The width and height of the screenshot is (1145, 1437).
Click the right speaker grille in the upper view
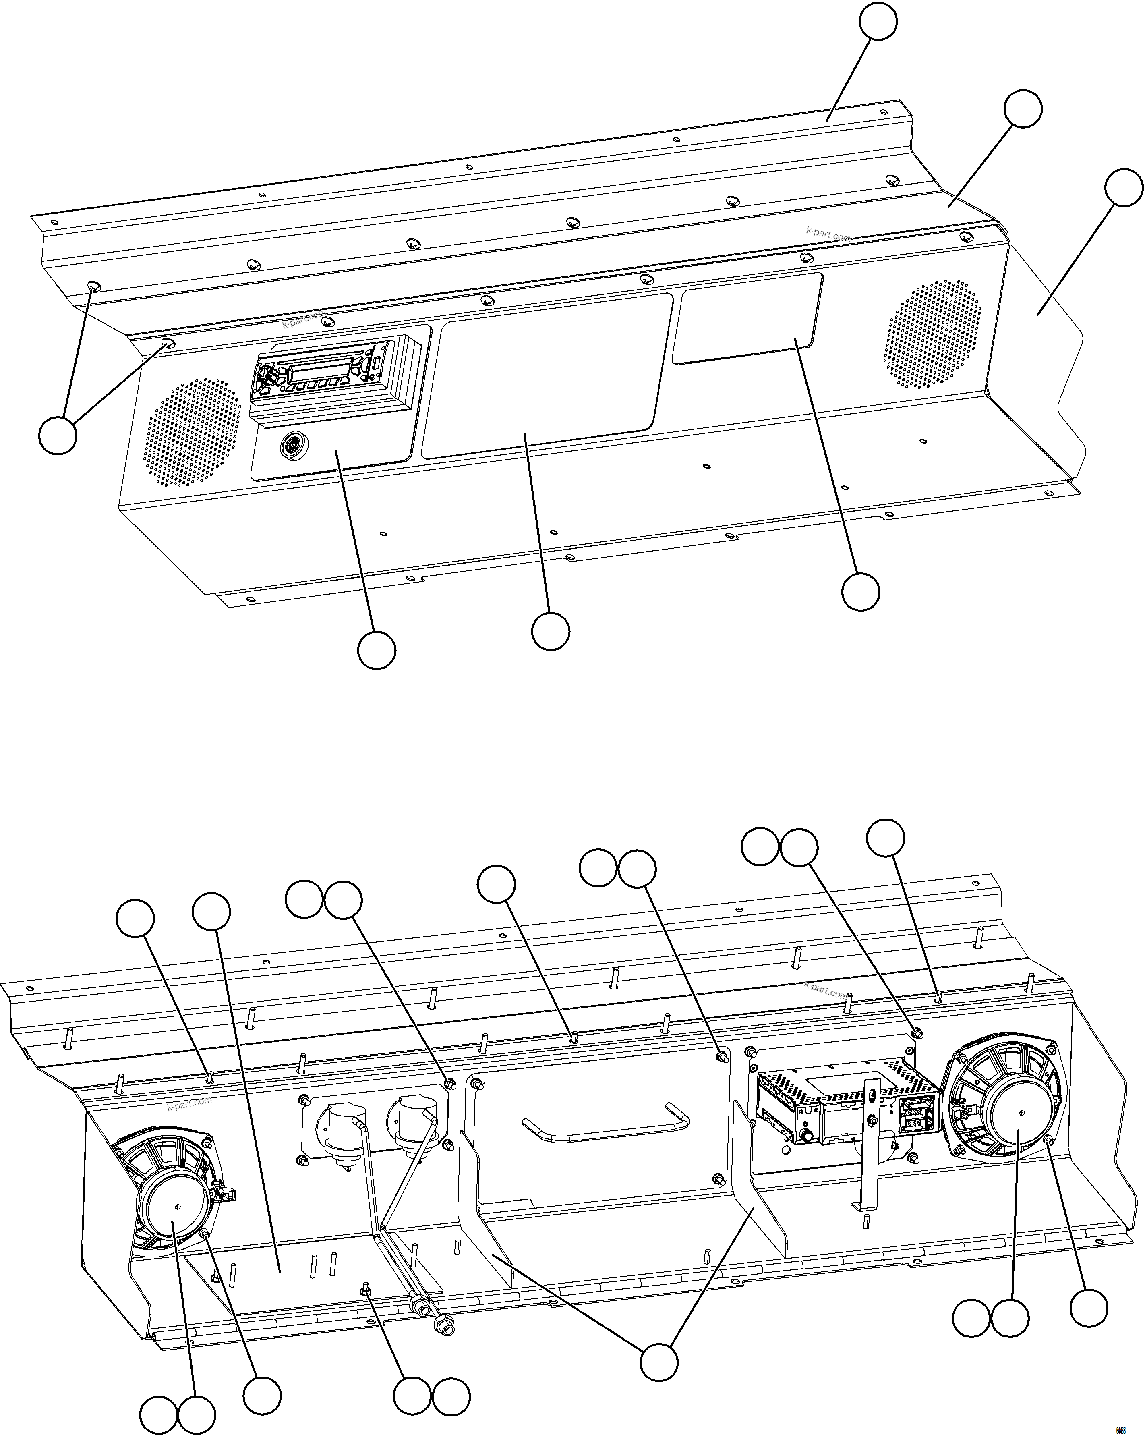933,333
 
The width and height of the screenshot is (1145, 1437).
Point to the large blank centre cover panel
543,380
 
